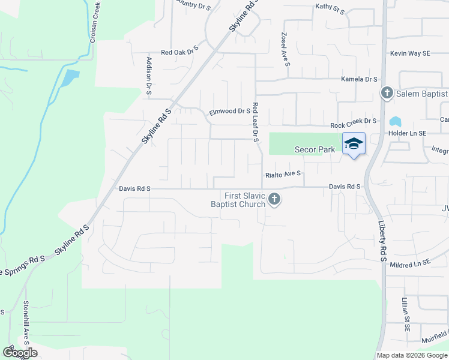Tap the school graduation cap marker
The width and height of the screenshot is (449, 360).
tap(354, 143)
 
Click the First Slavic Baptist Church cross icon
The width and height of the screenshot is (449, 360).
tap(274, 199)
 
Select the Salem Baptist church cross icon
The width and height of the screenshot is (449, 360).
tap(387, 93)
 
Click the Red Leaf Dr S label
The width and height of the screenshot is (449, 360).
tap(255, 122)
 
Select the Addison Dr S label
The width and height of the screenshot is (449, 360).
tap(148, 76)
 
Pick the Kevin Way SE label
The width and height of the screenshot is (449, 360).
tap(411, 53)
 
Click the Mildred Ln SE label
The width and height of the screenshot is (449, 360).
tap(410, 262)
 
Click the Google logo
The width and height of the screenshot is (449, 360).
tap(20, 353)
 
